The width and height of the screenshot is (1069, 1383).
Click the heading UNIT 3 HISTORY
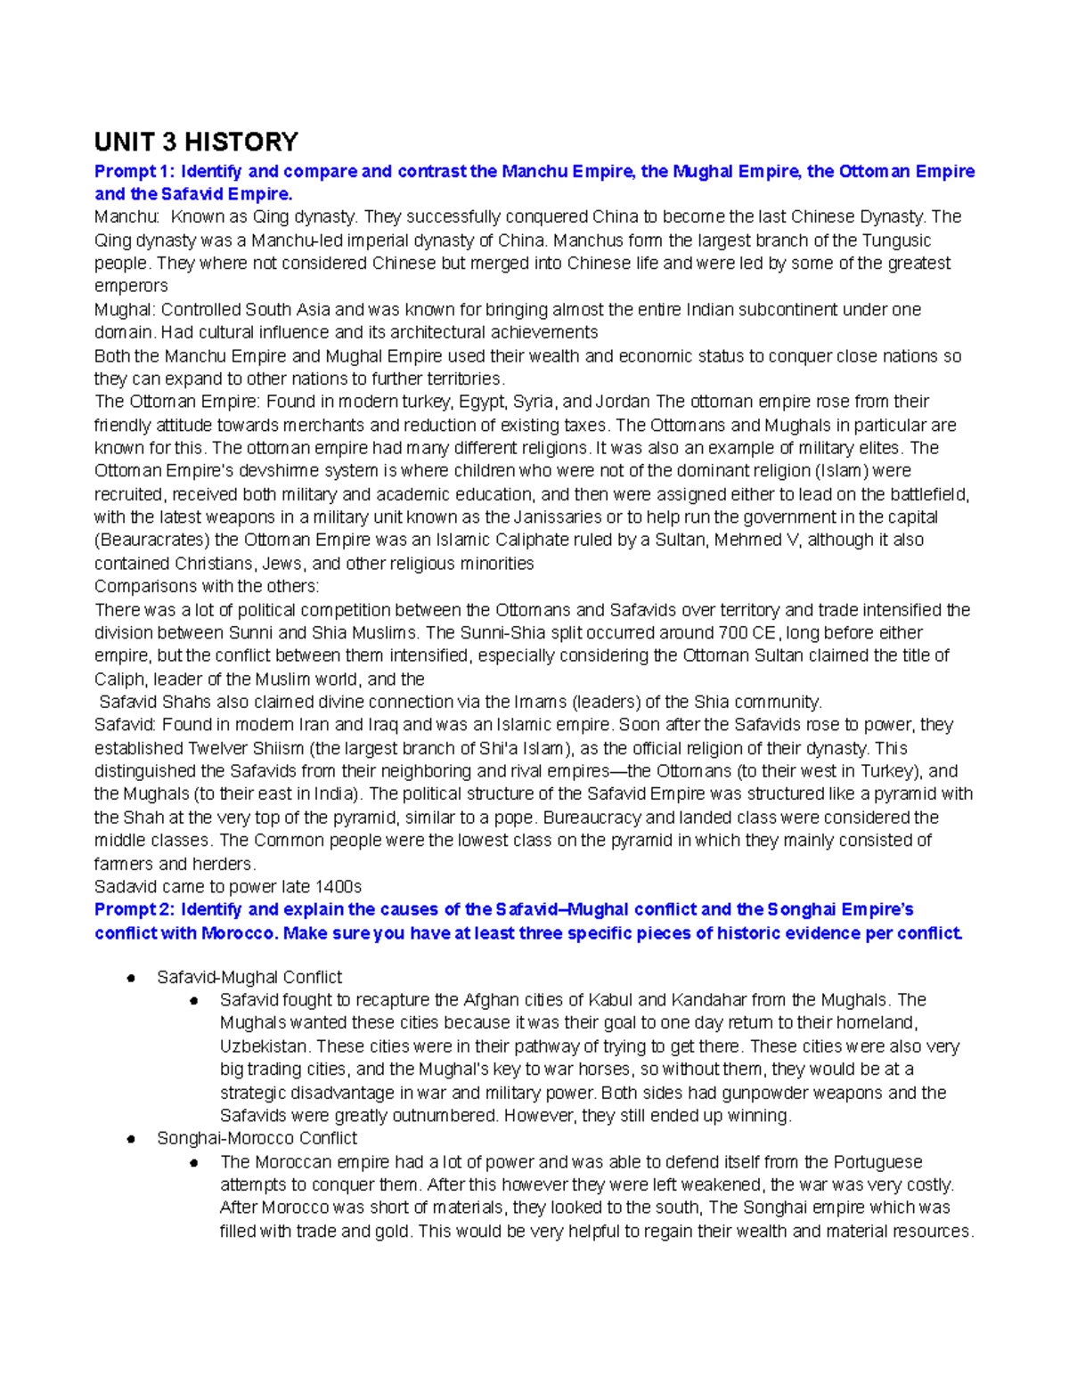pyautogui.click(x=196, y=142)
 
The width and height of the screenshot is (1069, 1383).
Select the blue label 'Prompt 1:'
pyautogui.click(x=134, y=172)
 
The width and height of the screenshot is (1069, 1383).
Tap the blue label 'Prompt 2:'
pyautogui.click(x=134, y=910)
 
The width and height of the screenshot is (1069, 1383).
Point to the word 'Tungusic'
pyautogui.click(x=896, y=240)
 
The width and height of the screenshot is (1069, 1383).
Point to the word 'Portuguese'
pyautogui.click(x=877, y=1162)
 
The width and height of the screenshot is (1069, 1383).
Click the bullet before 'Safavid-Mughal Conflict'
pyautogui.click(x=130, y=978)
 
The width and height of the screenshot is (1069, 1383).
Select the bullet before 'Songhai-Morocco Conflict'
pyautogui.click(x=130, y=1139)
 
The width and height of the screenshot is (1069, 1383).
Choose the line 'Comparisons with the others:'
pyautogui.click(x=207, y=587)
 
